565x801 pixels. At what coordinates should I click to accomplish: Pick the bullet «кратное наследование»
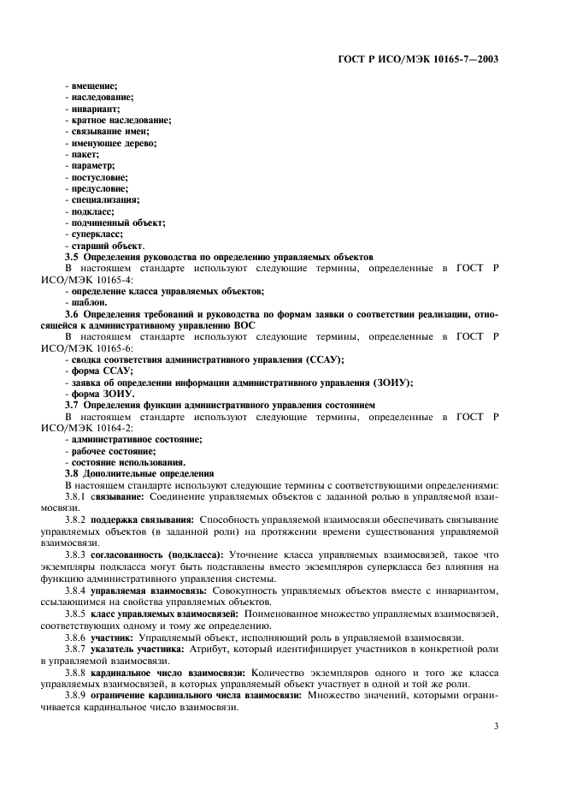pos(120,121)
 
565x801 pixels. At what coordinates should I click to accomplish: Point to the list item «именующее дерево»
pos(111,143)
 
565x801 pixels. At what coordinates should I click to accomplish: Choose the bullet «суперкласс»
pos(97,234)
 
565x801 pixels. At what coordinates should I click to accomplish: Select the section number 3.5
pos(73,257)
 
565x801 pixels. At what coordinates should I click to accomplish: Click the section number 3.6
pos(73,314)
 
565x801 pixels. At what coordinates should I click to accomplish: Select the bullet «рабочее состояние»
pos(113,450)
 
